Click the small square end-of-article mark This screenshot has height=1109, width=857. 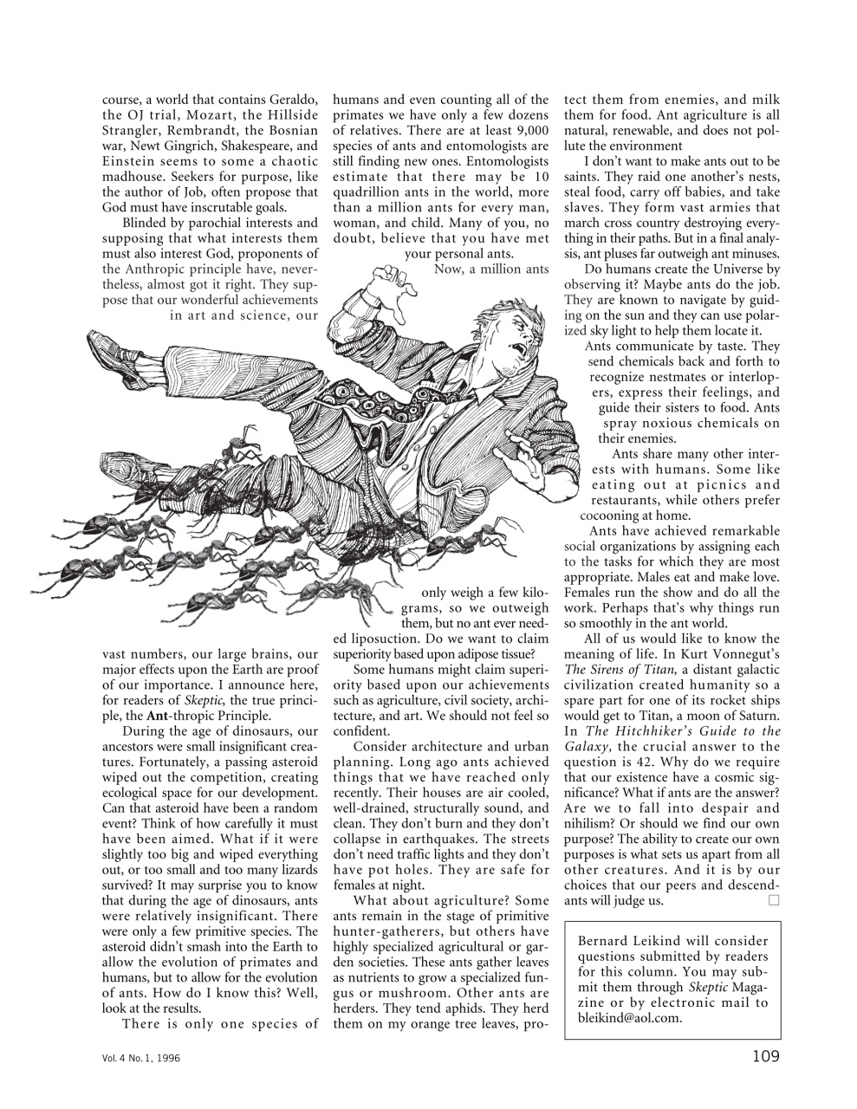point(773,901)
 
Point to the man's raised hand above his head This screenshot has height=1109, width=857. point(390,283)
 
